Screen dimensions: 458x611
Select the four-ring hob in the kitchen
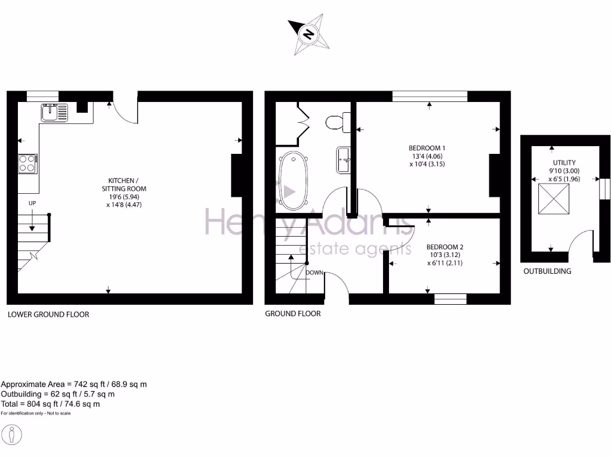(x=27, y=163)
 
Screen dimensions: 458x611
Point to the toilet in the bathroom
(x=338, y=122)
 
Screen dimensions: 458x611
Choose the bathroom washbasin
(x=343, y=159)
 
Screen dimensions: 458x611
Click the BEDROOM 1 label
(x=427, y=148)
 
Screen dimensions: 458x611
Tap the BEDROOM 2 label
(x=445, y=247)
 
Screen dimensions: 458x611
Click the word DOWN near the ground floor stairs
(x=314, y=273)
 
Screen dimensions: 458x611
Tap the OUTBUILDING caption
(x=547, y=271)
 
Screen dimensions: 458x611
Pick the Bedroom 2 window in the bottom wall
(x=450, y=299)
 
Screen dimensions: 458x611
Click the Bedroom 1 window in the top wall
(x=430, y=96)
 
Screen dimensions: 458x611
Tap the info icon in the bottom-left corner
(x=12, y=434)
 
